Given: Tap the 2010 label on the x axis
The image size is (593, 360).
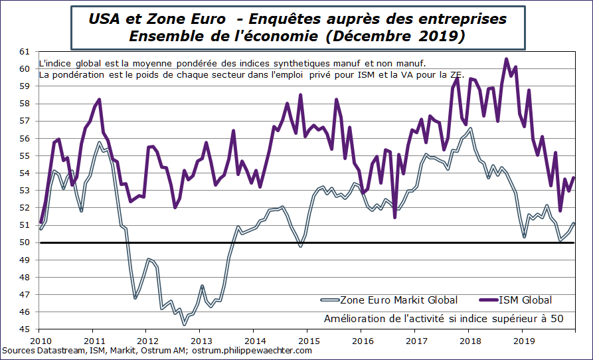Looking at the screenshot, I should (x=39, y=337).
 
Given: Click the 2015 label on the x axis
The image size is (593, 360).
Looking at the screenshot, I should (x=307, y=337).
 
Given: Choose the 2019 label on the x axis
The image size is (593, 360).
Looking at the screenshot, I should (x=521, y=337).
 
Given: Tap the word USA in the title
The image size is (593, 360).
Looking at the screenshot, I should (x=104, y=19).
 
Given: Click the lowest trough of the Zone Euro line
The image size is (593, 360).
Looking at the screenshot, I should (x=183, y=324).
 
